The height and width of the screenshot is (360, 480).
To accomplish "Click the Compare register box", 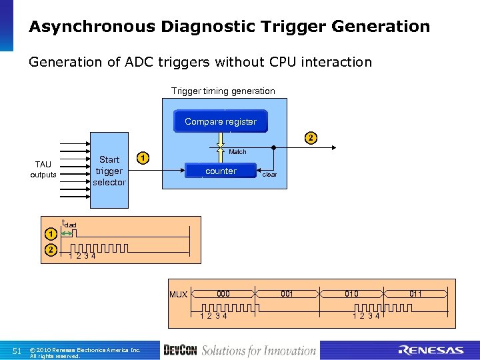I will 220,121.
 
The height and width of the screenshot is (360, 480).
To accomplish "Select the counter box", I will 221,171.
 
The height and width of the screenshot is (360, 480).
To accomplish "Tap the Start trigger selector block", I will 109,170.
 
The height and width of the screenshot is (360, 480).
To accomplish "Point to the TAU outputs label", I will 43,169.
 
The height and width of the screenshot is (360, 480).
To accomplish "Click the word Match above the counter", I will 237,152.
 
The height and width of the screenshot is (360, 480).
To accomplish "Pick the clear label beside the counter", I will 269,175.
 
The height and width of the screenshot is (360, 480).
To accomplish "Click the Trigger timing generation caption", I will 223,91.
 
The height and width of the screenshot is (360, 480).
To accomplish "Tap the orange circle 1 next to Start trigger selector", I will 142,159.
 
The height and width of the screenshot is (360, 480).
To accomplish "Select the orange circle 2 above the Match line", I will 310,139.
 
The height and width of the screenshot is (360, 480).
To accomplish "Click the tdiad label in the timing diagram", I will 69,224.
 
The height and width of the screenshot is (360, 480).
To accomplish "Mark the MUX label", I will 178,295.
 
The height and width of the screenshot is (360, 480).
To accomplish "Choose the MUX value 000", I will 223,294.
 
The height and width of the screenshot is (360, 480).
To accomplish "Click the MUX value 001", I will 287,294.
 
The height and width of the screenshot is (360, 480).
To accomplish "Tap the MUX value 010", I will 351,294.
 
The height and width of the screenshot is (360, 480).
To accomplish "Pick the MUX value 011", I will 415,294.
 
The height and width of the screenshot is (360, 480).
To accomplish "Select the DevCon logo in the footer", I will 179,351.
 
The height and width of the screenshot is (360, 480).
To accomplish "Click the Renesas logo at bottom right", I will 431,351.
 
